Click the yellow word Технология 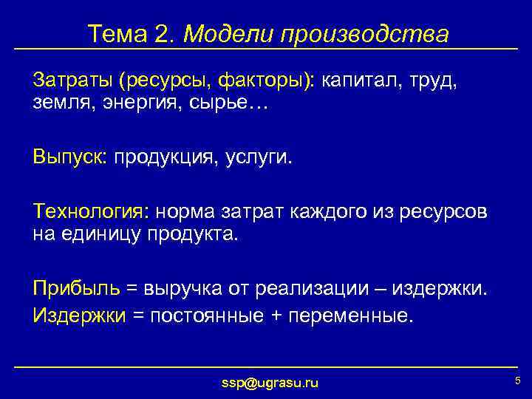(89, 212)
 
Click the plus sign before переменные (277, 316)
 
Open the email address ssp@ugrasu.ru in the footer (270, 383)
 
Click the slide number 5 (517, 381)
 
